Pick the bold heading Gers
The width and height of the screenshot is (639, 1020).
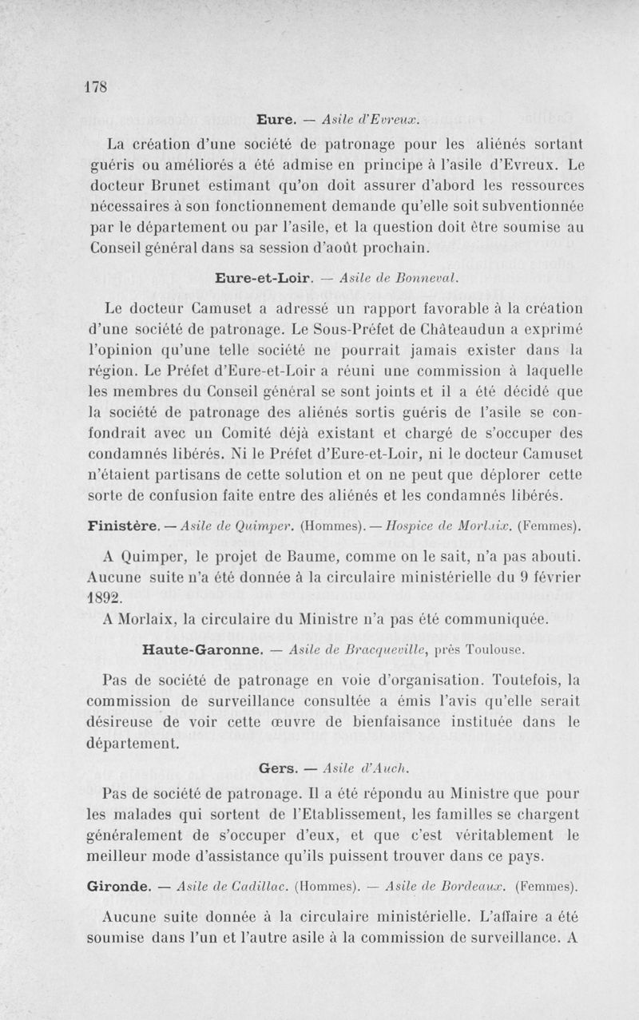[x=278, y=769]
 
